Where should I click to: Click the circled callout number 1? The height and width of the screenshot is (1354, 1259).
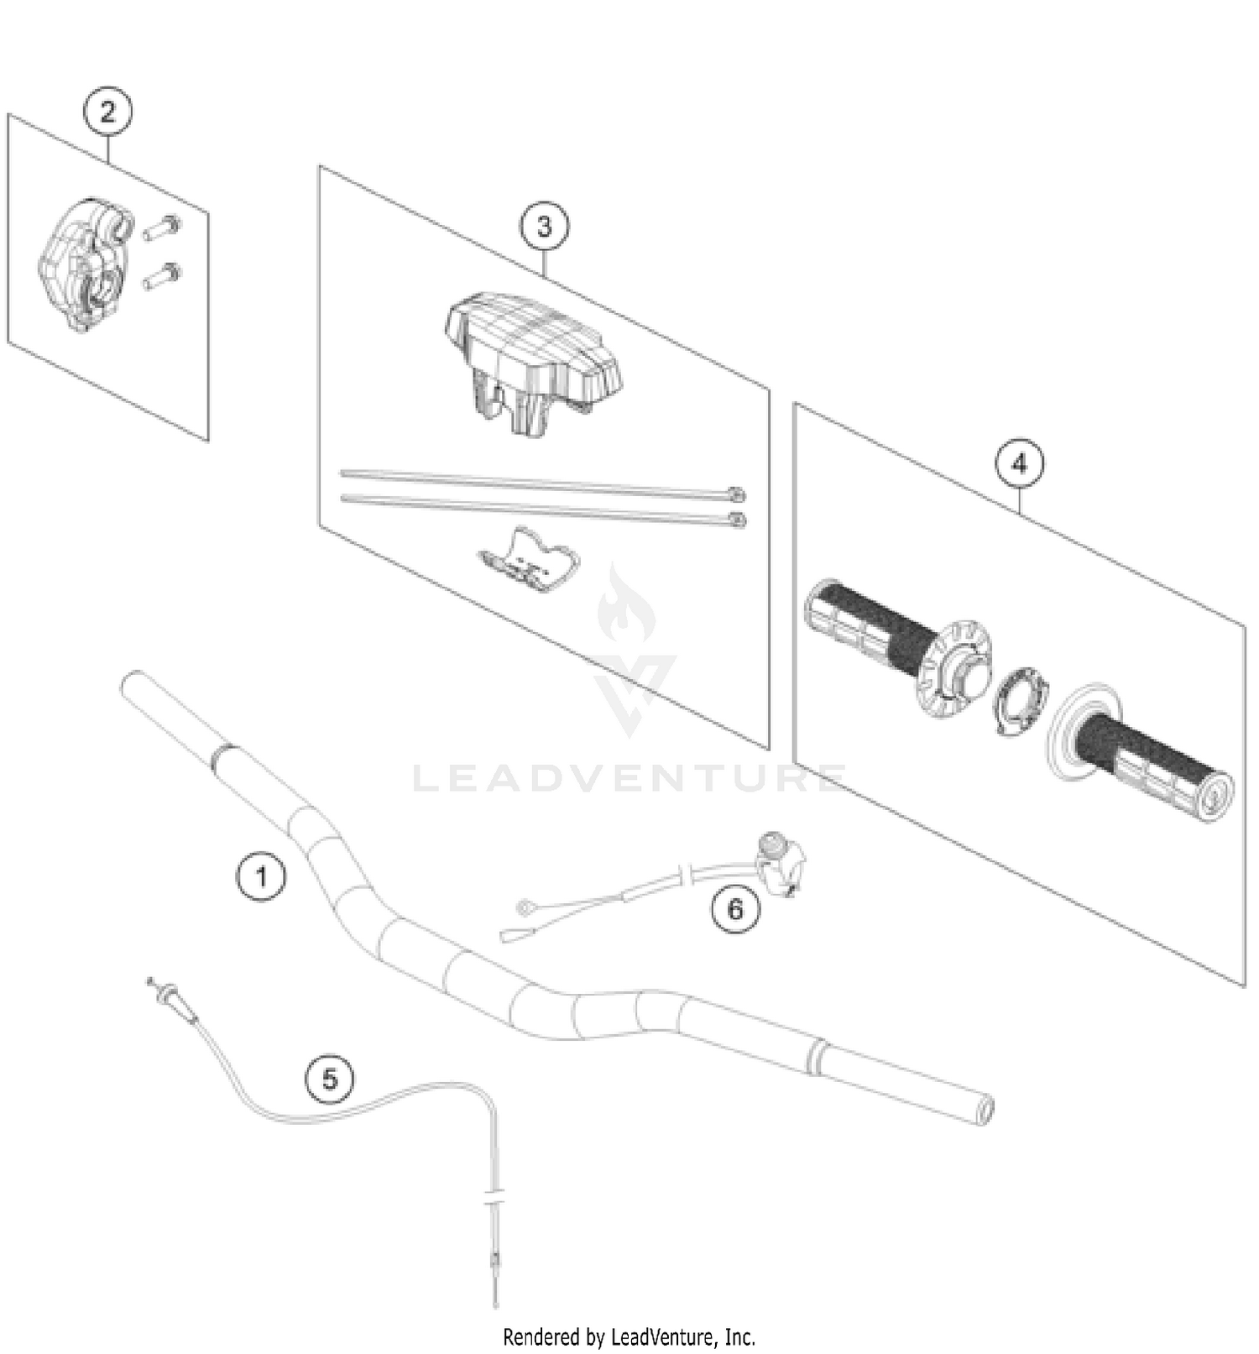pyautogui.click(x=261, y=877)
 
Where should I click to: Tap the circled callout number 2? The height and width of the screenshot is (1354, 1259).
pyautogui.click(x=108, y=112)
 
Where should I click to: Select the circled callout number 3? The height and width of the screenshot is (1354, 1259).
pyautogui.click(x=544, y=227)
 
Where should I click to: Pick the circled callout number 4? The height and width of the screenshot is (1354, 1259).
pyautogui.click(x=1020, y=463)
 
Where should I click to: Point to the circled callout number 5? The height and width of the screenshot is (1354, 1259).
pyautogui.click(x=330, y=1078)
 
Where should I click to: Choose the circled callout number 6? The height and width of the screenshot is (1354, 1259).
pyautogui.click(x=735, y=909)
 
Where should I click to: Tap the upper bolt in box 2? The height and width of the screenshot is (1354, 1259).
pyautogui.click(x=162, y=227)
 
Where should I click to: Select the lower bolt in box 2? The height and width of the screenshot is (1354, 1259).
pyautogui.click(x=162, y=274)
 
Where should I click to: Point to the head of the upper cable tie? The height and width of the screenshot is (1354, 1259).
pyautogui.click(x=736, y=494)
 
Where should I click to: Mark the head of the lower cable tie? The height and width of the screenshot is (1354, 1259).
pyautogui.click(x=736, y=520)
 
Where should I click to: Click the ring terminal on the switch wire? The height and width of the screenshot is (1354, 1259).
pyautogui.click(x=525, y=907)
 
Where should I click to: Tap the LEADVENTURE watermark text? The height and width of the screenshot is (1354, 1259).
pyautogui.click(x=629, y=778)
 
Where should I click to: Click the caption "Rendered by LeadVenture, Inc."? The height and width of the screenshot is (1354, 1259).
pyautogui.click(x=629, y=1336)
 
